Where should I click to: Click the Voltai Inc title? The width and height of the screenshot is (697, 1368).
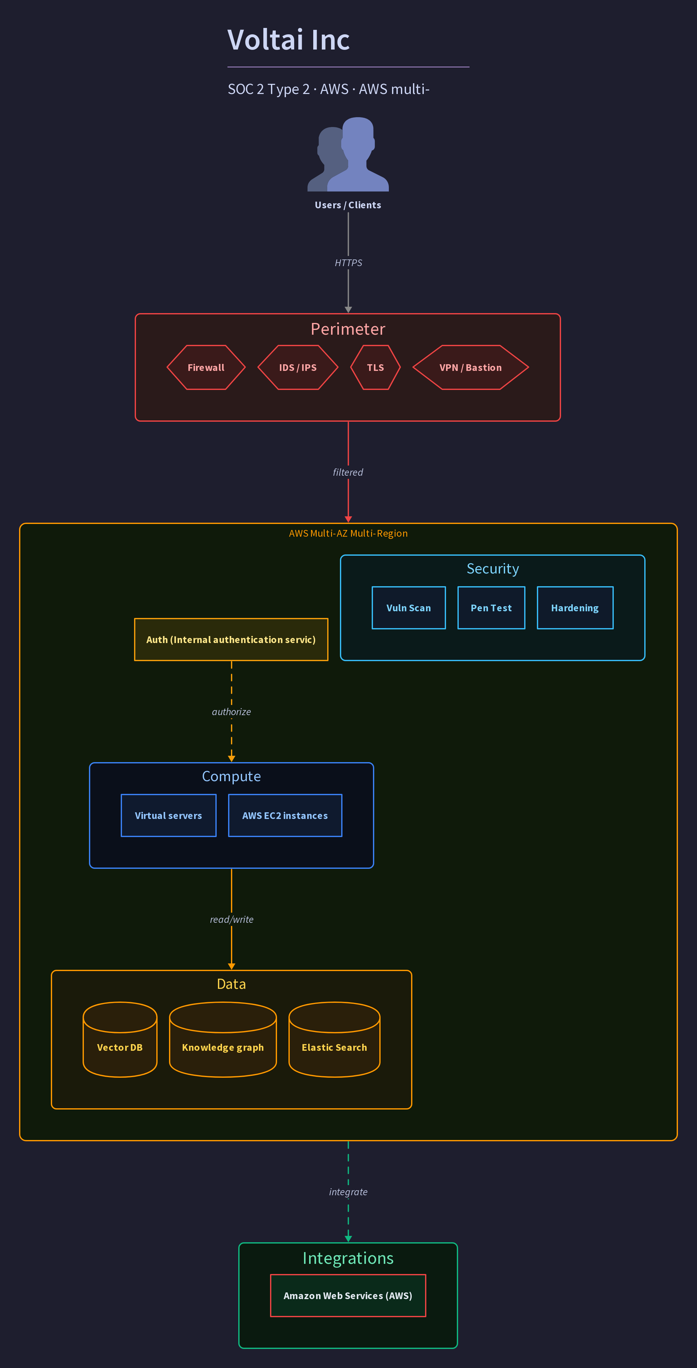point(288,40)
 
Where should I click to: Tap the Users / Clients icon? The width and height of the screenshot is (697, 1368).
point(348,154)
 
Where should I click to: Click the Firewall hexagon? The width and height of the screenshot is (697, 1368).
point(206,367)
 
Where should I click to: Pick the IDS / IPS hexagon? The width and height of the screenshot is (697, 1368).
point(298,367)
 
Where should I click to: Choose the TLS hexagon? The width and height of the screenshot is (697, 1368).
point(376,367)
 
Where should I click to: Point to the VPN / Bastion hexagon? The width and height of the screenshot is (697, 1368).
point(471,367)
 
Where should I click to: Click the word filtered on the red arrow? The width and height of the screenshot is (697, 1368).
point(348,472)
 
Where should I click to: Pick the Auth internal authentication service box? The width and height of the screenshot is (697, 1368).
point(231,640)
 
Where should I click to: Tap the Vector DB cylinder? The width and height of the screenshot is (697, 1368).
point(120,1040)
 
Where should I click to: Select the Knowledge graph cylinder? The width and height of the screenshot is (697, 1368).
point(223,1040)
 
